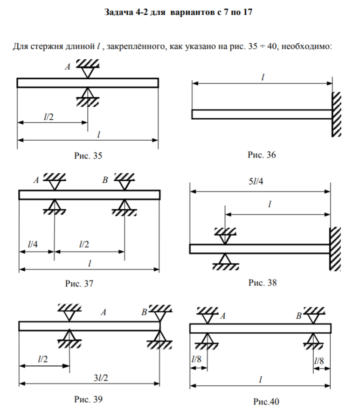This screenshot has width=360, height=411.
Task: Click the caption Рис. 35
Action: click(88, 156)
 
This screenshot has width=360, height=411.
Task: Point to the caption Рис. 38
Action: click(263, 282)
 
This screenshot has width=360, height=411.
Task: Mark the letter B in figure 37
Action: click(105, 179)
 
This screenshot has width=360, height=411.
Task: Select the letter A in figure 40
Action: click(223, 316)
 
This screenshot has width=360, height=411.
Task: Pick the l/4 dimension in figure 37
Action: click(34, 244)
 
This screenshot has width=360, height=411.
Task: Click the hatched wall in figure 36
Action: click(337, 114)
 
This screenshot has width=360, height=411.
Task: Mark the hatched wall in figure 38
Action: click(335, 248)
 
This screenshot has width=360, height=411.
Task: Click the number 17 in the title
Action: click(248, 13)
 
